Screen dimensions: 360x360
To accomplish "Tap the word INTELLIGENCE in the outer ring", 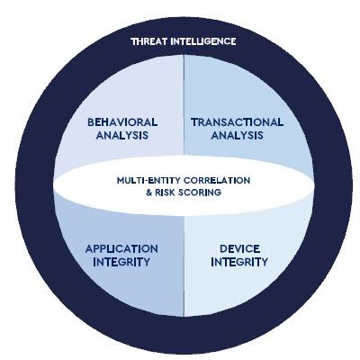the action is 203,41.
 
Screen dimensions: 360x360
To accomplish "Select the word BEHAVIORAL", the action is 122,122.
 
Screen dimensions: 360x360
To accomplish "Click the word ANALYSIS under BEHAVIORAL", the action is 122,135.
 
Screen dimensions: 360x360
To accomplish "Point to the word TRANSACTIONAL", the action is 237,122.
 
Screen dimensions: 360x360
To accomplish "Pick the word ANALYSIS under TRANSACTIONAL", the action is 237,135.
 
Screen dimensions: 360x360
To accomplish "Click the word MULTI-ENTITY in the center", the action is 148,181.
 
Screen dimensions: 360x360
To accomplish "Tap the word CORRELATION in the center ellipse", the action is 217,181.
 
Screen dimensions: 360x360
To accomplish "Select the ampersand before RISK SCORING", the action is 149,193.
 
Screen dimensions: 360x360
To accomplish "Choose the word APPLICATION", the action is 121,248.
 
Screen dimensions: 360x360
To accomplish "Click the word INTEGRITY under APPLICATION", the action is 121,262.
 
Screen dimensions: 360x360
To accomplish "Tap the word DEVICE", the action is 239,248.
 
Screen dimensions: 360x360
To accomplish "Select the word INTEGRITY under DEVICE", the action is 239,262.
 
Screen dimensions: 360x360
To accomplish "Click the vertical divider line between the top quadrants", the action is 184,105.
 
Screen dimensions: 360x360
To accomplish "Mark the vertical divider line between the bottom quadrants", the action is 184,265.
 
